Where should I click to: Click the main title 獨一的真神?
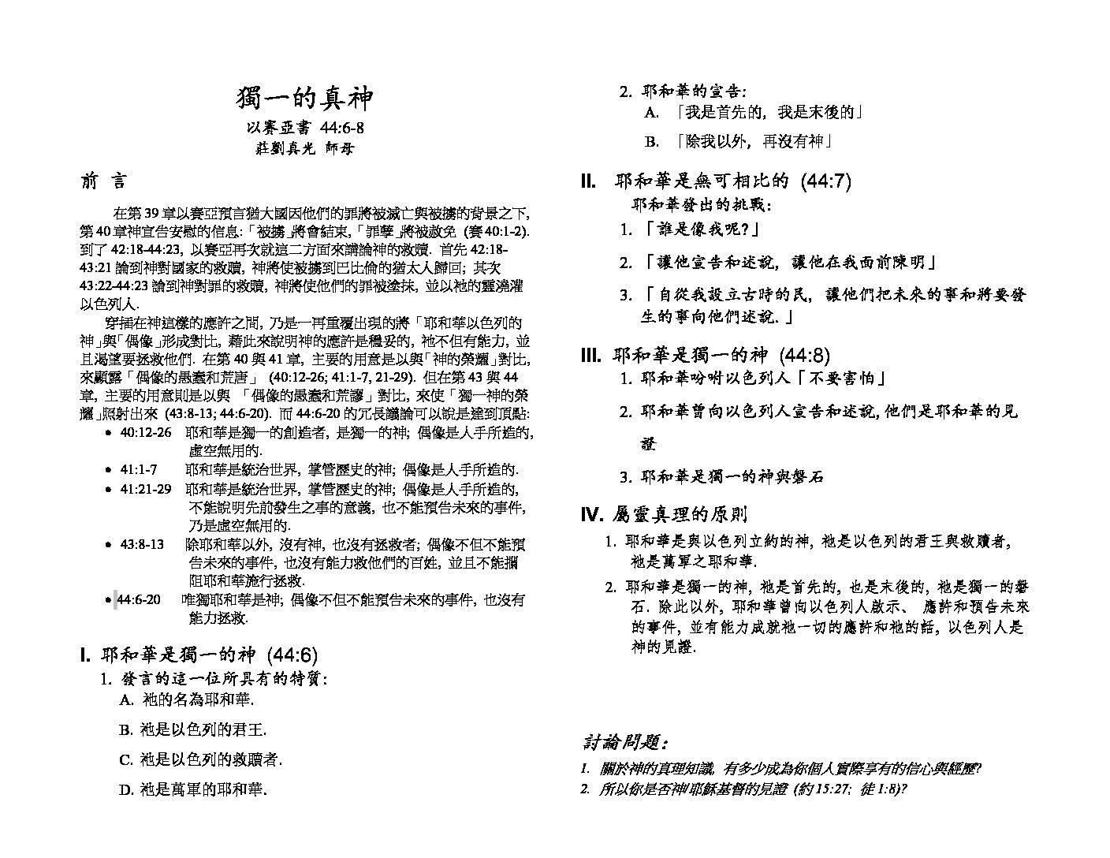[x=304, y=99]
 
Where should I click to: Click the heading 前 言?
[x=102, y=181]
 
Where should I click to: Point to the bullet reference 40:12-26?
[x=146, y=432]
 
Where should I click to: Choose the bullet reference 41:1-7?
[x=138, y=469]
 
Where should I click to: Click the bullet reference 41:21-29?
[x=146, y=489]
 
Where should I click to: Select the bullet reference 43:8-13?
[x=142, y=544]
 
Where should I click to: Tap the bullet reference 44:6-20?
[x=139, y=600]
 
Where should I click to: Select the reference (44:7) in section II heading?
[x=825, y=181]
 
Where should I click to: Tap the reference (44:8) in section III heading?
[x=804, y=356]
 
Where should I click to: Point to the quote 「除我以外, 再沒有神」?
[x=755, y=142]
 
